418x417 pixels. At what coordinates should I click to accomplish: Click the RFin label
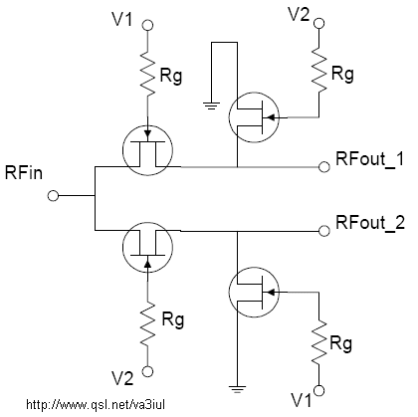point(24,173)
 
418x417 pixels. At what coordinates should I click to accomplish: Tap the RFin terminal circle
point(53,196)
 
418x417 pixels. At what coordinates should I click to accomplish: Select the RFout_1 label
point(370,159)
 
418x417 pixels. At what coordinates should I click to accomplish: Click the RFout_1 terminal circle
point(324,167)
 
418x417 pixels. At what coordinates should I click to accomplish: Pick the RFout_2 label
point(370,223)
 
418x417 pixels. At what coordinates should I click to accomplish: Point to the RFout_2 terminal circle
point(324,231)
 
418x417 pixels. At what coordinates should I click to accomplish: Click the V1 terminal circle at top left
point(147,25)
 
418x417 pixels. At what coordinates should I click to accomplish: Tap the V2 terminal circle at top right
point(318,23)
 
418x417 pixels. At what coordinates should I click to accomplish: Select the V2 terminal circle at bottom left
point(147,371)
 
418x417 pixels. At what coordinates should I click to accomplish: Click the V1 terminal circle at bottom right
point(318,391)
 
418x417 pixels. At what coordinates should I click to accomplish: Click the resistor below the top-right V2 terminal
point(318,71)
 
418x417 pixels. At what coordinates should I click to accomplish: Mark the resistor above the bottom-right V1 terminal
point(318,342)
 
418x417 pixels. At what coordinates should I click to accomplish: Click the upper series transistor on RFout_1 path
point(147,150)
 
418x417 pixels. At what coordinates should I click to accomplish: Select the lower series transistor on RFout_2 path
point(147,247)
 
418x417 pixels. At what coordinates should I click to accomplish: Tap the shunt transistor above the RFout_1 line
point(254,117)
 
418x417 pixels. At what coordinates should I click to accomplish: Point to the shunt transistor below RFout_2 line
point(254,293)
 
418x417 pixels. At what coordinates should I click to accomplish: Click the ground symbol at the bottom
point(237,389)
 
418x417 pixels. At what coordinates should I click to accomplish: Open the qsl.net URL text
point(96,404)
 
